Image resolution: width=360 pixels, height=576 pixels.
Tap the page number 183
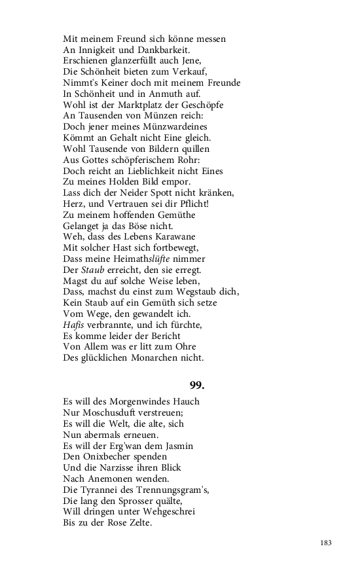tap(327, 543)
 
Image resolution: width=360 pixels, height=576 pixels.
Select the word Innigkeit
tap(98, 49)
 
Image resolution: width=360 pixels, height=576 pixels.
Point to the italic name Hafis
tap(75, 325)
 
